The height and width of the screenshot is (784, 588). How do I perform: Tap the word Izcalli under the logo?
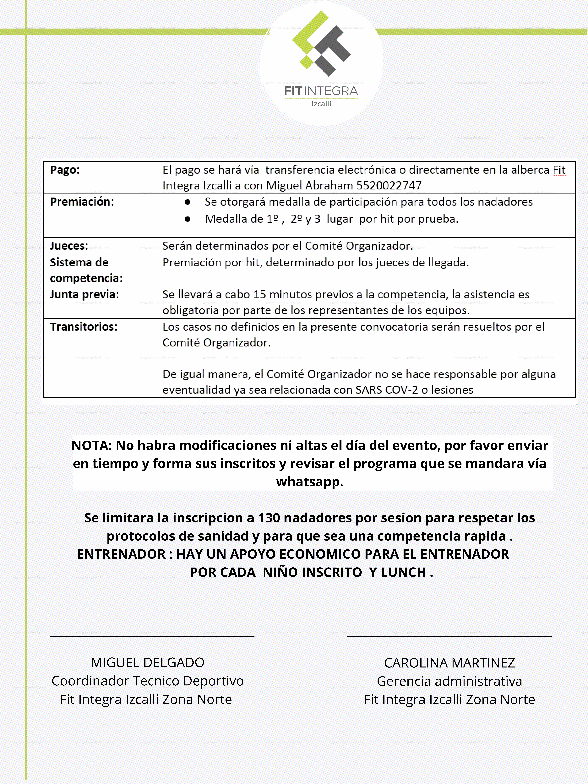321,104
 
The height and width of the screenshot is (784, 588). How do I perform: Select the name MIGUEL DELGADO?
147,662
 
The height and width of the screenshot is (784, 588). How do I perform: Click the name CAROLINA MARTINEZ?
449,663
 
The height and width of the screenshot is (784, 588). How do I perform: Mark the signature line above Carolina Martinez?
449,636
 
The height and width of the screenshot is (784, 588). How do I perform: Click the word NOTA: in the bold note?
92,446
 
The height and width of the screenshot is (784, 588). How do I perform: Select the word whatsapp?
309,482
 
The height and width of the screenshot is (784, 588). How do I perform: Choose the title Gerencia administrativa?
449,681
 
